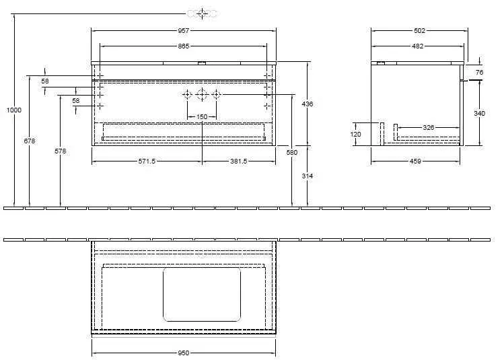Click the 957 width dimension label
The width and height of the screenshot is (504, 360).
coord(184,31)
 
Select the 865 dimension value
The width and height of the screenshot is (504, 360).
coord(184,46)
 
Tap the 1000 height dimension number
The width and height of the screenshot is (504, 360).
coord(14,110)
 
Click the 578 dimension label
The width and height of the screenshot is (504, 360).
coord(61,151)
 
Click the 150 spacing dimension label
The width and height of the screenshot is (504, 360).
coord(202,117)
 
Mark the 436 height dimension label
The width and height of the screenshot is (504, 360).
coord(308,104)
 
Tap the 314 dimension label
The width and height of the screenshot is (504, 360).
coord(308,176)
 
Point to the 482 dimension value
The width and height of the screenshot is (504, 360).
coord(417,46)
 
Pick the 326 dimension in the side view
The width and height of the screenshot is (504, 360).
coord(428,127)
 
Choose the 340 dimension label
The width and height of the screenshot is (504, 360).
coord(479,114)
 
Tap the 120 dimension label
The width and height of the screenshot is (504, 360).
coord(357,134)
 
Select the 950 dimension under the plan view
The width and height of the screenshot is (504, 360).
coord(183,353)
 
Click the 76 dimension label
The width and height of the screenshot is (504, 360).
coord(479,72)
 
